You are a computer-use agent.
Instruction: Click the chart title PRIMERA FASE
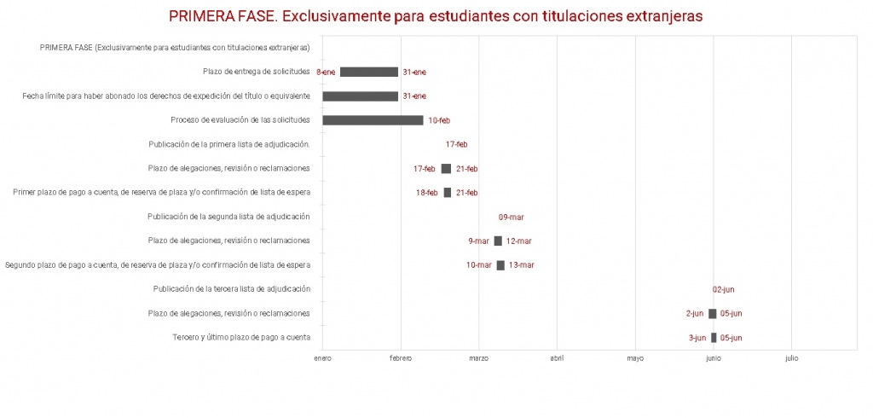pyautogui.click(x=436, y=16)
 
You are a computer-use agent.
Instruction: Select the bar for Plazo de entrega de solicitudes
pyautogui.click(x=368, y=72)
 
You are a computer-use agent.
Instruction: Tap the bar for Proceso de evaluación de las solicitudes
pyautogui.click(x=373, y=120)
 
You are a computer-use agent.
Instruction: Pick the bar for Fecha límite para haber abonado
pyautogui.click(x=360, y=96)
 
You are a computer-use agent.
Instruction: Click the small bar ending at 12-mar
pyautogui.click(x=498, y=241)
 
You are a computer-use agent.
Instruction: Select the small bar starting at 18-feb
pyautogui.click(x=448, y=193)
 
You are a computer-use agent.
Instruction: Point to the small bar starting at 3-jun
pyautogui.click(x=714, y=338)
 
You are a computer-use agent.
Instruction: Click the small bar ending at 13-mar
pyautogui.click(x=500, y=265)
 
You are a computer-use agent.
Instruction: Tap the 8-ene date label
pyautogui.click(x=326, y=73)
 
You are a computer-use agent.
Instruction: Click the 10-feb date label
pyautogui.click(x=439, y=120)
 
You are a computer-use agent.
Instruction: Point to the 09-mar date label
pyautogui.click(x=512, y=217)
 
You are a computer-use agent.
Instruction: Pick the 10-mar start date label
pyautogui.click(x=479, y=265)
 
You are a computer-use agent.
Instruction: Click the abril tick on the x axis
pyautogui.click(x=557, y=358)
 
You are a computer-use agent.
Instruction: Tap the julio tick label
pyautogui.click(x=791, y=358)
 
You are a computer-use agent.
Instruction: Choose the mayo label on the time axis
pyautogui.click(x=635, y=358)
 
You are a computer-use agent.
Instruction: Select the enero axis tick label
pyautogui.click(x=322, y=358)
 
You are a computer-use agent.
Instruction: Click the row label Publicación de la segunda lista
pyautogui.click(x=228, y=217)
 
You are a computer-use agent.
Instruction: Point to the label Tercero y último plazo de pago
pyautogui.click(x=241, y=338)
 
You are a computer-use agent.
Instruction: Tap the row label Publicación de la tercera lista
pyautogui.click(x=231, y=289)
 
